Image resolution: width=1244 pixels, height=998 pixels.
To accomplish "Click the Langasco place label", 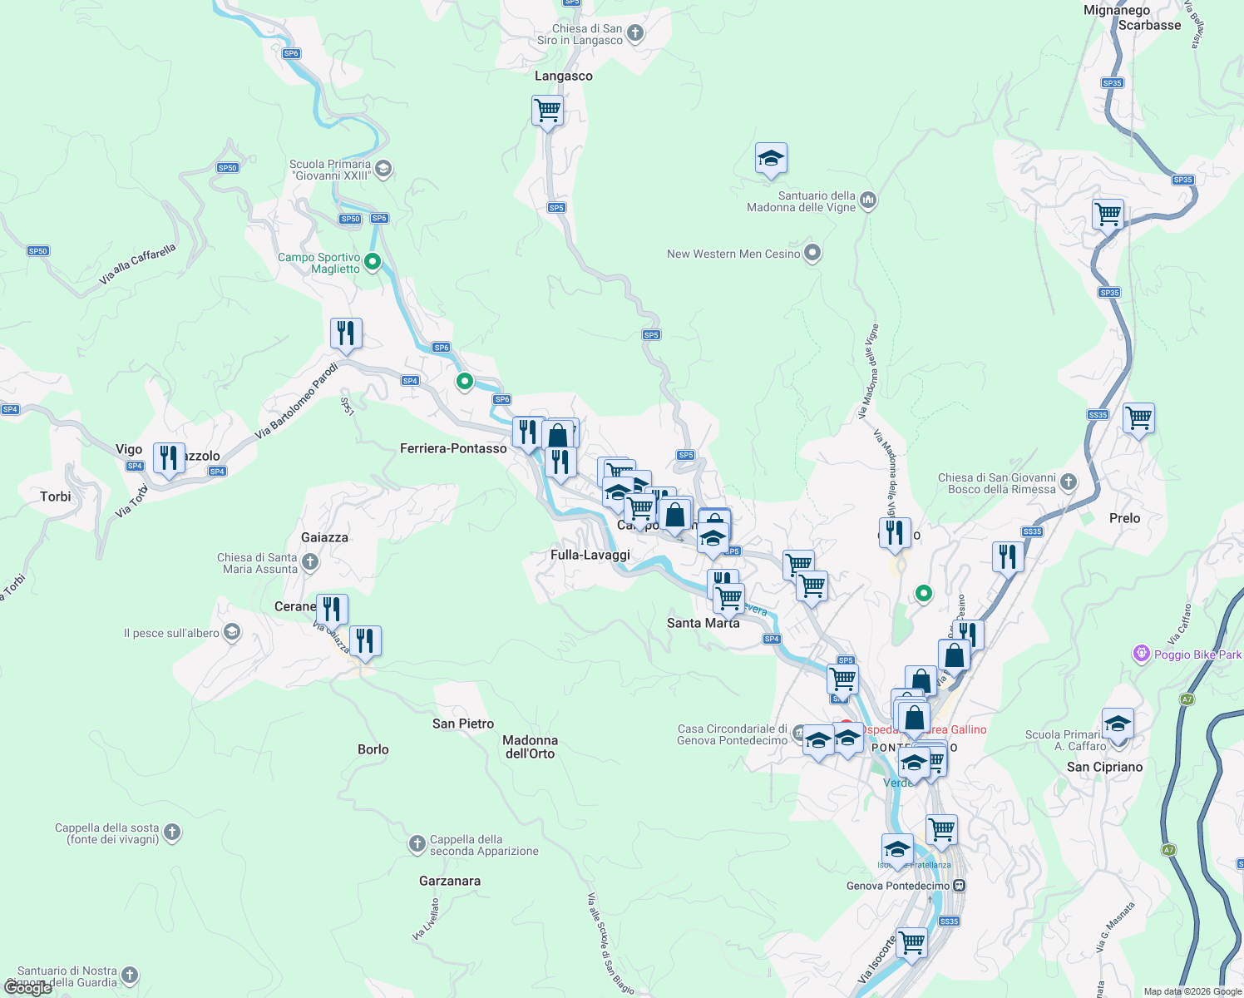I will pyautogui.click(x=563, y=76).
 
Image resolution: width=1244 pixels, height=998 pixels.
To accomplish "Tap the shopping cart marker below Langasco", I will pyautogui.click(x=547, y=110).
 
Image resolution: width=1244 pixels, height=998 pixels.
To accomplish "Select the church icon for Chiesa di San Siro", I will pyautogui.click(x=635, y=33).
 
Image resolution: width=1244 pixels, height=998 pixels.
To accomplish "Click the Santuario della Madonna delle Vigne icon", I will pyautogui.click(x=868, y=200).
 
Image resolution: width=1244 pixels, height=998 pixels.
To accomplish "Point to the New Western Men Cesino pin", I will pyautogui.click(x=812, y=253).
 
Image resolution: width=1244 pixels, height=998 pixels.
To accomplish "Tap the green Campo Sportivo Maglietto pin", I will pyautogui.click(x=373, y=262).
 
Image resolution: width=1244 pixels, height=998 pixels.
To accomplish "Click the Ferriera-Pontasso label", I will pyautogui.click(x=453, y=448).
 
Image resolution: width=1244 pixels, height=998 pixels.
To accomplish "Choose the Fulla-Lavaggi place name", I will pyautogui.click(x=590, y=555).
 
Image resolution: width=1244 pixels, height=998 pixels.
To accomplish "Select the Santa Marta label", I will pyautogui.click(x=703, y=623).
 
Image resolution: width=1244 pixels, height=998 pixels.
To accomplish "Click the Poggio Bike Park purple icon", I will pyautogui.click(x=1142, y=654).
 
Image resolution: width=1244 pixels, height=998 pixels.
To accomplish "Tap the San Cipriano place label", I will pyautogui.click(x=1104, y=767).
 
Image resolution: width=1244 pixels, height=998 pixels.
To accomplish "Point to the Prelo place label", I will pyautogui.click(x=1124, y=518).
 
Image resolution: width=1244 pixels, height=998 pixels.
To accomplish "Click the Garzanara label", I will pyautogui.click(x=450, y=881).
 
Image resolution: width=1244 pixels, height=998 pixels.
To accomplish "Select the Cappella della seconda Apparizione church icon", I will pyautogui.click(x=417, y=845).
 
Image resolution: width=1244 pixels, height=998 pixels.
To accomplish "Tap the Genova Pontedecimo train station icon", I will pyautogui.click(x=960, y=886).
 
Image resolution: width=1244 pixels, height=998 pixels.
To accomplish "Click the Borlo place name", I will pyautogui.click(x=373, y=749).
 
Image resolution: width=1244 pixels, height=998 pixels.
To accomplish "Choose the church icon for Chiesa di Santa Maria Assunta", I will pyautogui.click(x=310, y=563).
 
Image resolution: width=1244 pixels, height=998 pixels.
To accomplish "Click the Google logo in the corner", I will pyautogui.click(x=27, y=988).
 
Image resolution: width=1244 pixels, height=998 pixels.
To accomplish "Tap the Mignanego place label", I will pyautogui.click(x=1117, y=10).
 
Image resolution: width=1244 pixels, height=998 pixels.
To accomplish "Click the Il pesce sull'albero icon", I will pyautogui.click(x=232, y=633).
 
